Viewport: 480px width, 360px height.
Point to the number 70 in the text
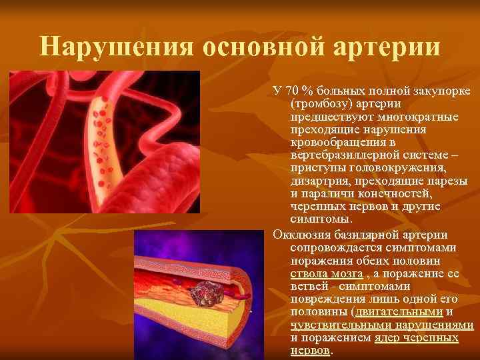point(293,91)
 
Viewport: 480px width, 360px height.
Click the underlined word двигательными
point(400,312)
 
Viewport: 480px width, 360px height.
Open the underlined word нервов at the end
point(311,351)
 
